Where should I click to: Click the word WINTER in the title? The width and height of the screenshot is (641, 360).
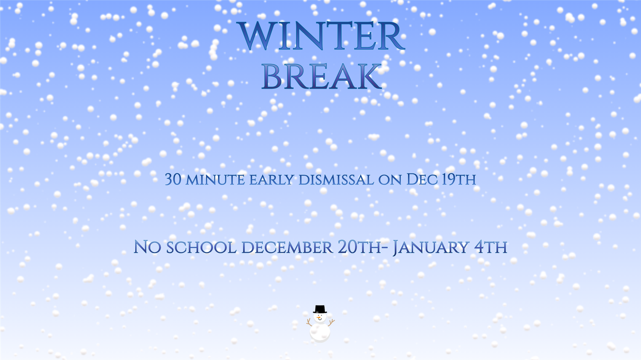pyautogui.click(x=322, y=37)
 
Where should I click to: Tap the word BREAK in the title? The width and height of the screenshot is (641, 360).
pyautogui.click(x=321, y=77)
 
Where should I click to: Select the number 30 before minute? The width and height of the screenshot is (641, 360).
pyautogui.click(x=173, y=179)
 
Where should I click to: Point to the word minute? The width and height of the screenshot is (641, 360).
pyautogui.click(x=215, y=180)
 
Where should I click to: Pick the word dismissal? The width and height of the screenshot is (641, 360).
pyautogui.click(x=336, y=180)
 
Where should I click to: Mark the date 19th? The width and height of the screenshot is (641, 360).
pyautogui.click(x=459, y=179)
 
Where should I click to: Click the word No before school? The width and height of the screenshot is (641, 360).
pyautogui.click(x=147, y=247)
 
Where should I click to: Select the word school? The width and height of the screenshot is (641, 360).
pyautogui.click(x=201, y=247)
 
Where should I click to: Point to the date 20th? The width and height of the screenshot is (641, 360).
pyautogui.click(x=359, y=247)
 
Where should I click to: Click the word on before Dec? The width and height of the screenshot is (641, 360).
pyautogui.click(x=390, y=180)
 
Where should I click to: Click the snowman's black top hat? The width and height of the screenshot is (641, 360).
pyautogui.click(x=320, y=309)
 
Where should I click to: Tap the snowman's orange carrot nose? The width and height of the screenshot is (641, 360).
pyautogui.click(x=320, y=318)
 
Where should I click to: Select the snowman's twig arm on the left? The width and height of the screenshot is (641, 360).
pyautogui.click(x=309, y=322)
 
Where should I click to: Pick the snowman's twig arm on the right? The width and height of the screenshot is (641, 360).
pyautogui.click(x=331, y=322)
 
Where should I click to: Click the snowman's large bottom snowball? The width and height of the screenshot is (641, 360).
pyautogui.click(x=320, y=332)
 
